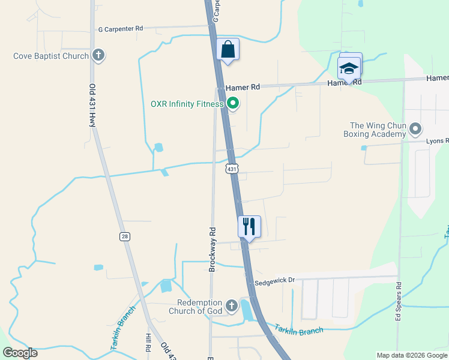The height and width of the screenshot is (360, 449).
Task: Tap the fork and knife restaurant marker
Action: coord(249,227)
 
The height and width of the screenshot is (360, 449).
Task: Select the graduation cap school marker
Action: coord(349,68)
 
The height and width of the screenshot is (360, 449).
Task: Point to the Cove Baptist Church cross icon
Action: coord(99,56)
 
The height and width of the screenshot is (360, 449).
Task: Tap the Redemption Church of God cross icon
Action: coord(232,307)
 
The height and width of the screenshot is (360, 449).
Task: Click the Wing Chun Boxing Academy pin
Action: coord(415,129)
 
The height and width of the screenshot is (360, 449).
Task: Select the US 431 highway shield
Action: coord(232,169)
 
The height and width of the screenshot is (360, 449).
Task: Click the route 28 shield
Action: coord(124,236)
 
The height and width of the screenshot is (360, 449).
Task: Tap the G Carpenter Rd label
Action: coord(121,28)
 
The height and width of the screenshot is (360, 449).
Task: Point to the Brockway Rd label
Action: coord(212,249)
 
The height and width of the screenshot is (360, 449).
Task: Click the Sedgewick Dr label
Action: coord(275,280)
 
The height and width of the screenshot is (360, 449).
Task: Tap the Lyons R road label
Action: coord(437,141)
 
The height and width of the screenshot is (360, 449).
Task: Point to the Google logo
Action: coord(20,353)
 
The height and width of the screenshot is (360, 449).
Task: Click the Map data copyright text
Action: coord(411,355)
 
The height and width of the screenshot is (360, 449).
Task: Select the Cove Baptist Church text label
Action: coord(51,56)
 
